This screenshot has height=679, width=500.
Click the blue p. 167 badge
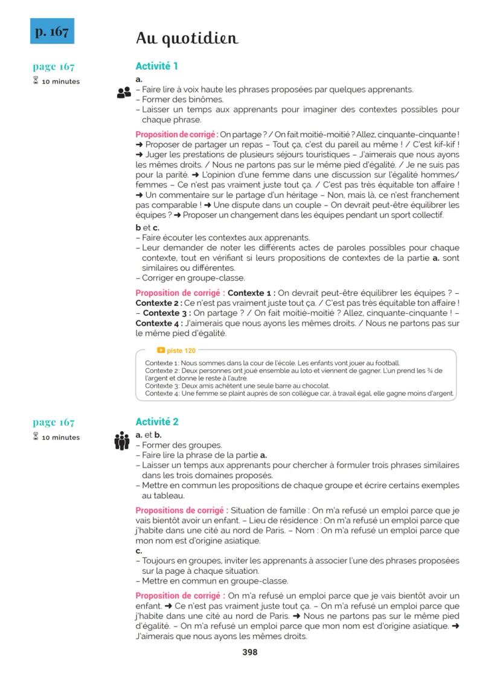click(x=52, y=31)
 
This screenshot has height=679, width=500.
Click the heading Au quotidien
click(x=187, y=39)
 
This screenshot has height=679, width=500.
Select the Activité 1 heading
click(x=156, y=67)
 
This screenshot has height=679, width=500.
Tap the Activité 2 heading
click(x=157, y=422)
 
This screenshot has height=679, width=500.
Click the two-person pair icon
click(x=123, y=93)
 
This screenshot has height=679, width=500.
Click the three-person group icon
click(x=122, y=441)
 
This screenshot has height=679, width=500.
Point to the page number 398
click(x=249, y=652)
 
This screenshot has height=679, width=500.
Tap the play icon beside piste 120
click(x=161, y=351)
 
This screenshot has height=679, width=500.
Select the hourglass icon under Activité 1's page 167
click(x=36, y=82)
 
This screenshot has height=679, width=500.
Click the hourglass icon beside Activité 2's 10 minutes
click(x=36, y=437)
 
